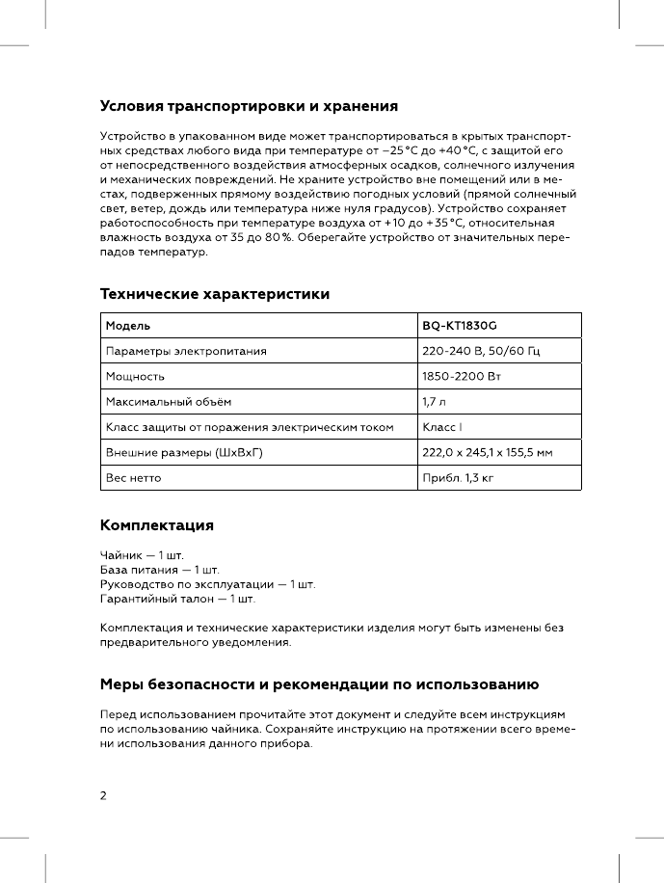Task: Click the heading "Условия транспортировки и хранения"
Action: (250, 105)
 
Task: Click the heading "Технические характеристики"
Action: (215, 294)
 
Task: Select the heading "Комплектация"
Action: (157, 525)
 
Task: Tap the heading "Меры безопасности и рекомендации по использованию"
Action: (319, 685)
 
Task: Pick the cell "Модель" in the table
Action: (127, 326)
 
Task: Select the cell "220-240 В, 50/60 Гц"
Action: (481, 351)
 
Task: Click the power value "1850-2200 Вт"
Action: (462, 376)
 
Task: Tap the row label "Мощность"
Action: (135, 376)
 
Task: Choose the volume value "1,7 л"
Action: (436, 401)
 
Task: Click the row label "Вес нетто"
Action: (134, 477)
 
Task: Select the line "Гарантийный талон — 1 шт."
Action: (178, 600)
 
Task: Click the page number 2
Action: (104, 796)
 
